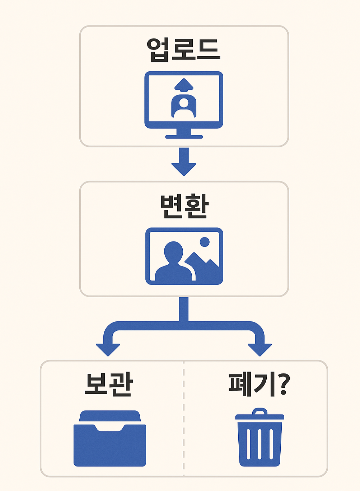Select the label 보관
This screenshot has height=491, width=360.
109,384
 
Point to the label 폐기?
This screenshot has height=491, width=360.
259,384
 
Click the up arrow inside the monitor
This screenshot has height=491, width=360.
184,85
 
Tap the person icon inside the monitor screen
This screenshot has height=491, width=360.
184,106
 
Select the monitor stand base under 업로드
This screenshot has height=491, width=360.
184,137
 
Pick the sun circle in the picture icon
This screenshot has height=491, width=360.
205,242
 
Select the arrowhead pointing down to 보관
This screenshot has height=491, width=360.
108,349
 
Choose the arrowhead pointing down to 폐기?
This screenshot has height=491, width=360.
260,349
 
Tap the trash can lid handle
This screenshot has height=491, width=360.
260,411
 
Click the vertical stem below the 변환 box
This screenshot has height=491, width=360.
184,308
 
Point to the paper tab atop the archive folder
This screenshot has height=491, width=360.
109,415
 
